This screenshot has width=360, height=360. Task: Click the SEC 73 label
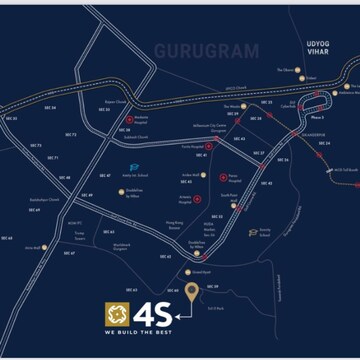tap(71, 134)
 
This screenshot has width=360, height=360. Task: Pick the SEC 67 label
tap(69, 253)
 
